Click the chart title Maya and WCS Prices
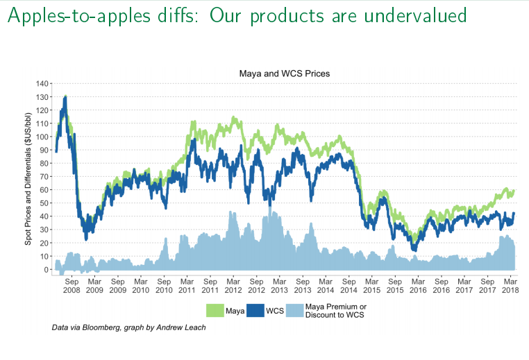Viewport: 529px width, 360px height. [x=284, y=73]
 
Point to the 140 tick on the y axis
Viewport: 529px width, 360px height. [x=42, y=84]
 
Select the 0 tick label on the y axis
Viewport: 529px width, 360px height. [x=46, y=270]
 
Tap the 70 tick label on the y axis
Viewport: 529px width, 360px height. [x=44, y=177]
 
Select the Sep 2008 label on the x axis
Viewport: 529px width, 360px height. [x=72, y=286]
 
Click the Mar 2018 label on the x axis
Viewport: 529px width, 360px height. [x=510, y=286]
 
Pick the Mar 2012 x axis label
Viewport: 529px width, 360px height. [x=233, y=286]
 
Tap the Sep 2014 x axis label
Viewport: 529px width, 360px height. [x=349, y=286]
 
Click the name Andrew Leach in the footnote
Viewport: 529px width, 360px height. [x=185, y=327]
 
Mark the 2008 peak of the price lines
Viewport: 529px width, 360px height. [x=65, y=97]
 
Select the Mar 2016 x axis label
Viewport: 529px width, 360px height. [x=418, y=286]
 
